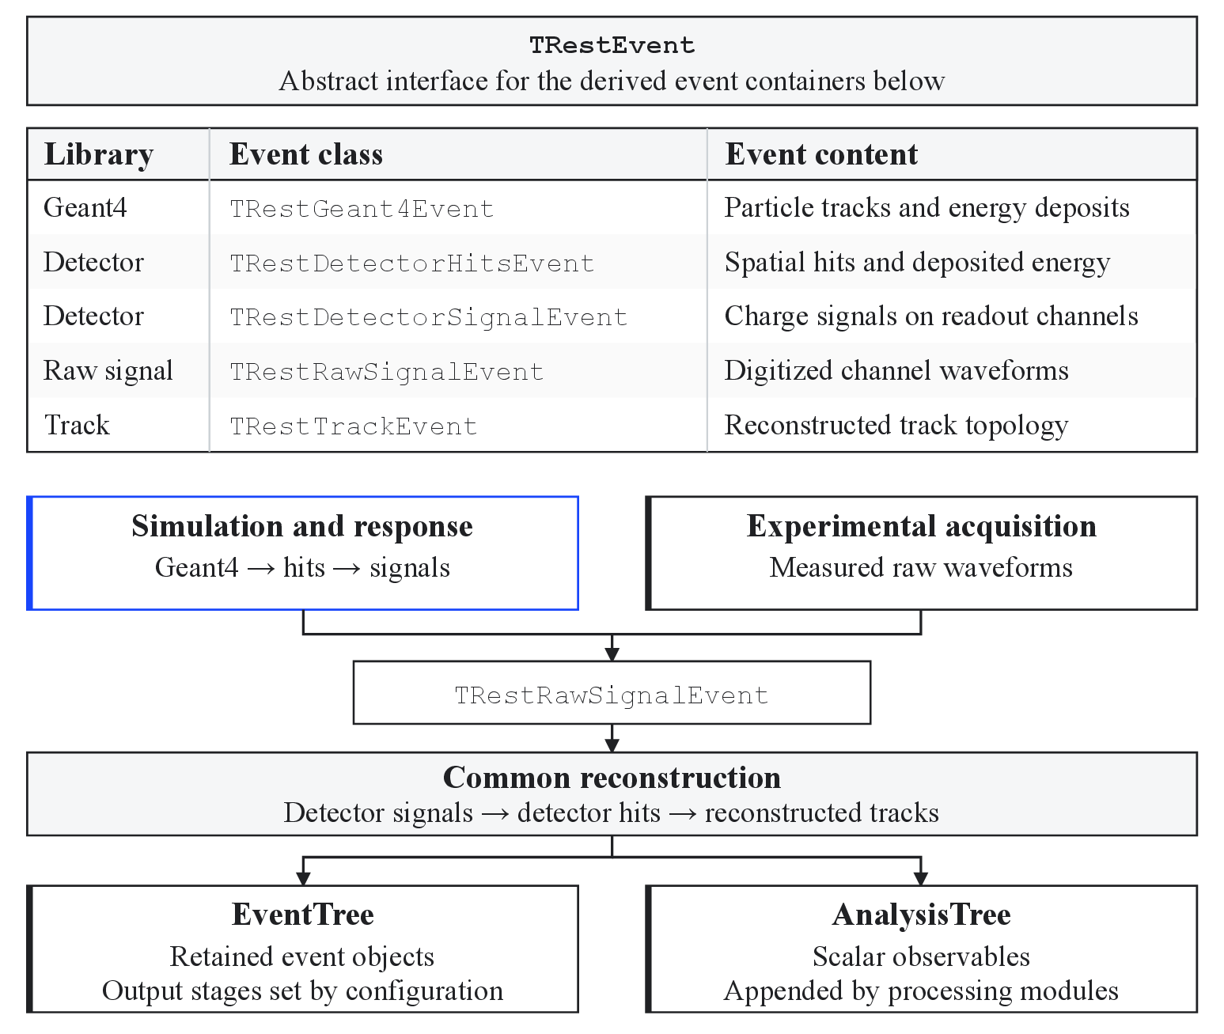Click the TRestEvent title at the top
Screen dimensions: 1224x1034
point(612,45)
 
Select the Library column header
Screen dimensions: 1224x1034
point(98,155)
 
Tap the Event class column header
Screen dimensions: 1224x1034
point(306,154)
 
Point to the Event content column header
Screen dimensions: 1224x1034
point(821,154)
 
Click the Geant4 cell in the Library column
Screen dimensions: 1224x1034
point(85,207)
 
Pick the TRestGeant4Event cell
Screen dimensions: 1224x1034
point(362,209)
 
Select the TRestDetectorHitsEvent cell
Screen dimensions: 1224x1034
point(412,263)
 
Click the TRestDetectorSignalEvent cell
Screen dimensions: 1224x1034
point(429,317)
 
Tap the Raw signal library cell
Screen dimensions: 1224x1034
point(108,371)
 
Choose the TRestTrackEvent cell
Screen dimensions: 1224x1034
point(354,426)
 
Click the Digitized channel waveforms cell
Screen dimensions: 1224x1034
point(896,371)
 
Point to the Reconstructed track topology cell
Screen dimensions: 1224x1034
point(896,426)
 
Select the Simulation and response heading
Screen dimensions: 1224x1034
point(302,526)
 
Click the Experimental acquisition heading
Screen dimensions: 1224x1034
point(921,526)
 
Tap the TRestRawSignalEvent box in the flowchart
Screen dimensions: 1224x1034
point(612,693)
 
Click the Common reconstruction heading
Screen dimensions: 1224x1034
point(612,778)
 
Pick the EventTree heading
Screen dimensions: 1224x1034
point(302,915)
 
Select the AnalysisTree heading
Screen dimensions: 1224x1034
point(921,915)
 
